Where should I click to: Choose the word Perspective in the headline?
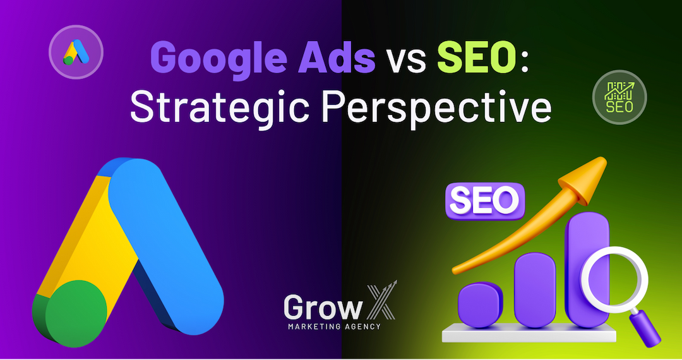point(436,108)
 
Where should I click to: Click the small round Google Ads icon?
point(76,52)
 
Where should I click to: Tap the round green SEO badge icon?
point(619,97)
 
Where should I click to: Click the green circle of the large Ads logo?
point(76,313)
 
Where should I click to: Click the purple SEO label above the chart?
point(485,201)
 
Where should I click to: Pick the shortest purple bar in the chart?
point(480,304)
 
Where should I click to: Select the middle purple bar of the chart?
point(535,289)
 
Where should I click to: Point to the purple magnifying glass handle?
point(645,328)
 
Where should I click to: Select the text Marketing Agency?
point(334,327)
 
